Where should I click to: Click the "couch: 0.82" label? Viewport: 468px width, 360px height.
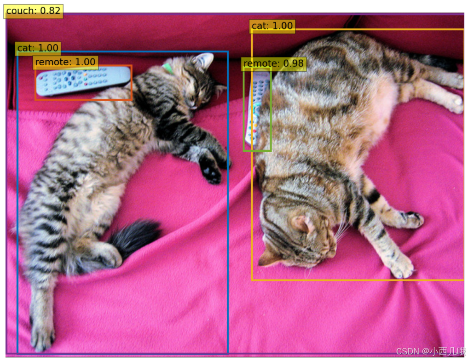click(34, 11)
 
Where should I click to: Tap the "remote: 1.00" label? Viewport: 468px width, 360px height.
click(65, 62)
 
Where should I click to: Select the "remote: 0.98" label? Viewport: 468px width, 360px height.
click(274, 63)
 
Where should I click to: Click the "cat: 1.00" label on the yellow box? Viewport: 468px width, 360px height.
click(272, 26)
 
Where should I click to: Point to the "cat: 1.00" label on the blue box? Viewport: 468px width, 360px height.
click(38, 48)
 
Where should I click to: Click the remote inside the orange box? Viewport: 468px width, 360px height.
click(83, 80)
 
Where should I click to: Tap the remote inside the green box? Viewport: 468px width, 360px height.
click(256, 109)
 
